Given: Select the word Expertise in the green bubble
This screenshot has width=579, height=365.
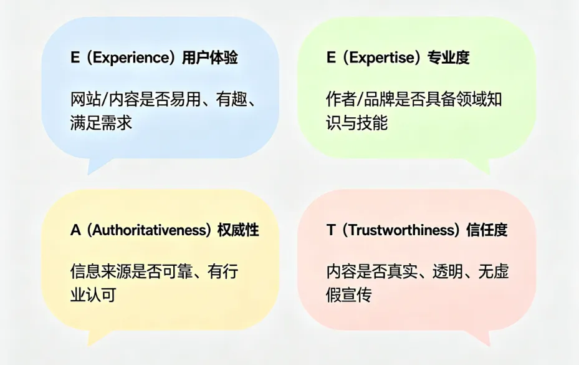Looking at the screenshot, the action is pyautogui.click(x=382, y=58).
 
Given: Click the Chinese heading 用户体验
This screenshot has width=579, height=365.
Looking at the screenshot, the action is pyautogui.click(x=210, y=58).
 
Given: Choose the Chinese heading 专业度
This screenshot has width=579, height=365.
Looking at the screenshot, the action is pyautogui.click(x=448, y=58).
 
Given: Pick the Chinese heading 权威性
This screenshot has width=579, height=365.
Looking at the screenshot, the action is pyautogui.click(x=238, y=230).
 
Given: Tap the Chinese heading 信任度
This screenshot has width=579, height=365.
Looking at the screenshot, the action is pyautogui.click(x=487, y=230).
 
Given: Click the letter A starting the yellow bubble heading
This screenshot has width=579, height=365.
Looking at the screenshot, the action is pyautogui.click(x=75, y=230).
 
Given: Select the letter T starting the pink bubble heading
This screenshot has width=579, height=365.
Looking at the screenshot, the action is pyautogui.click(x=330, y=230).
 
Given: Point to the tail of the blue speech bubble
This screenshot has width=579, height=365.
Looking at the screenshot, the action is pyautogui.click(x=97, y=166).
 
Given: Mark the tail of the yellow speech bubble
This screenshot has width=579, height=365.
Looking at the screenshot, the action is pyautogui.click(x=97, y=338).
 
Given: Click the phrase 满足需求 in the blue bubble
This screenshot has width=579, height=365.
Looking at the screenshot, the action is pyautogui.click(x=101, y=122).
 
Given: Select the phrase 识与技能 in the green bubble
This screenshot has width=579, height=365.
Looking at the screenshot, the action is pyautogui.click(x=356, y=122).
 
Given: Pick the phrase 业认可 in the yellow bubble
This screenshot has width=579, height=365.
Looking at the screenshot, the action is pyautogui.click(x=93, y=294).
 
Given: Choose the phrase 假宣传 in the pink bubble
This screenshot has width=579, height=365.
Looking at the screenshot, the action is pyautogui.click(x=348, y=294).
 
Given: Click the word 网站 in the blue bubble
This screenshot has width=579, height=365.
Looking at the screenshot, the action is pyautogui.click(x=85, y=99).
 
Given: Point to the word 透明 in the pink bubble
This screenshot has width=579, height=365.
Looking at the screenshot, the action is pyautogui.click(x=447, y=271).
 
